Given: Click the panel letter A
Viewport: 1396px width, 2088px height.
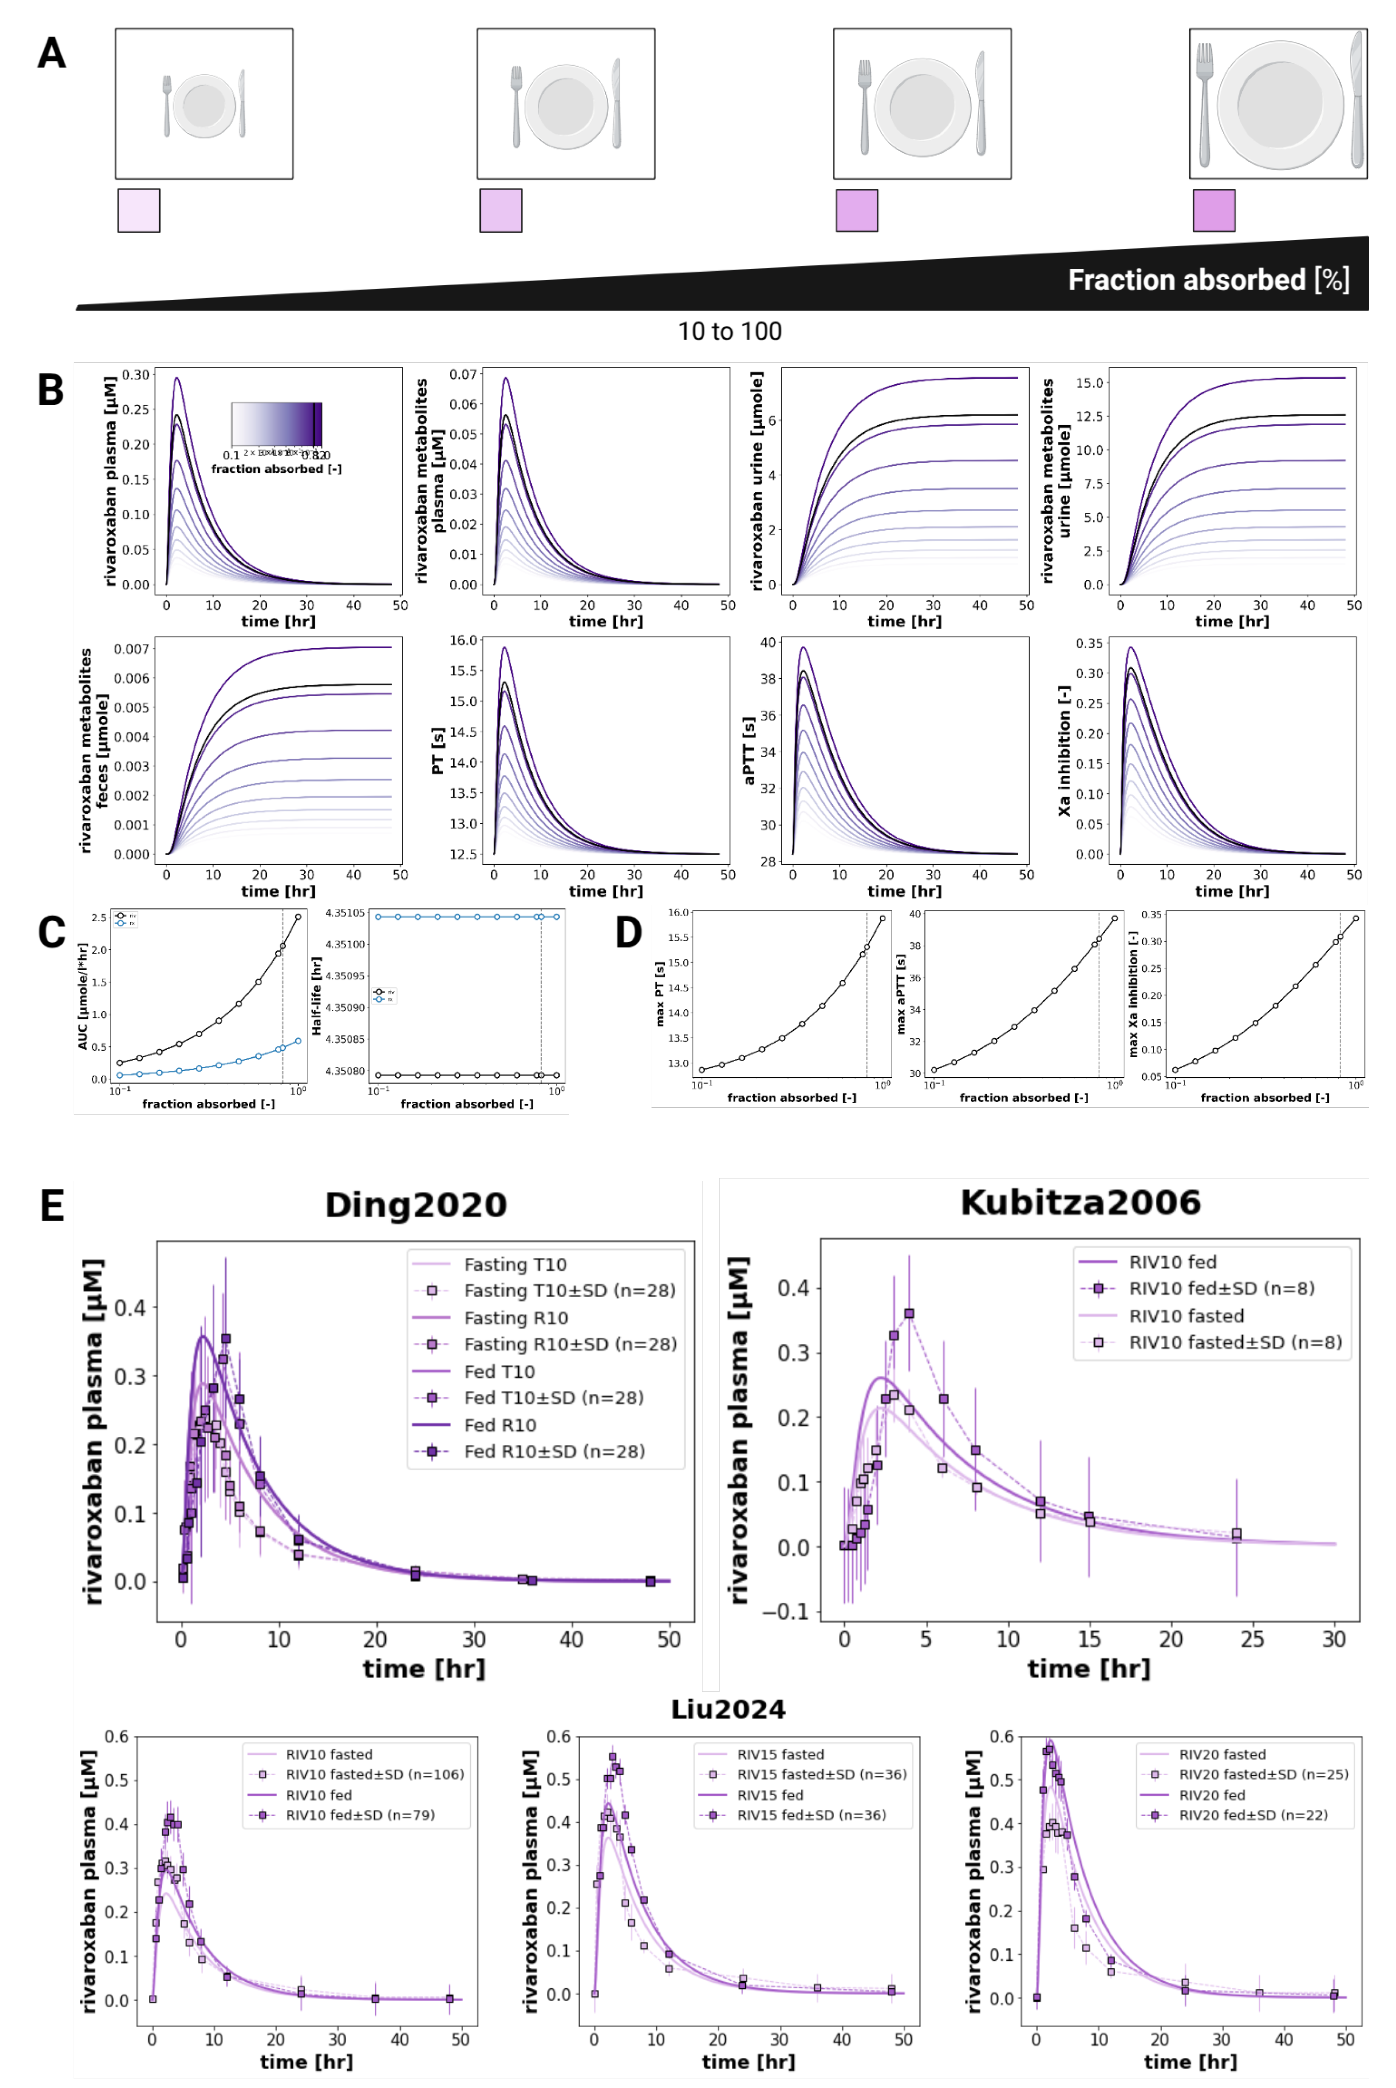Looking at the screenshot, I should [x=52, y=53].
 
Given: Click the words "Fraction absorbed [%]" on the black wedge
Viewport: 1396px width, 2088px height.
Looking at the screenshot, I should [x=1208, y=280].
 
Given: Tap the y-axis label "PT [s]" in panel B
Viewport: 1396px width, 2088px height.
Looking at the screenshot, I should [x=438, y=751].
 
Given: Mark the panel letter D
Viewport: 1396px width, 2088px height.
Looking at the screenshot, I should [x=629, y=932].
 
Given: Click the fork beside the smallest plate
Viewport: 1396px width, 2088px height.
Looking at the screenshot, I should [x=166, y=105].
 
